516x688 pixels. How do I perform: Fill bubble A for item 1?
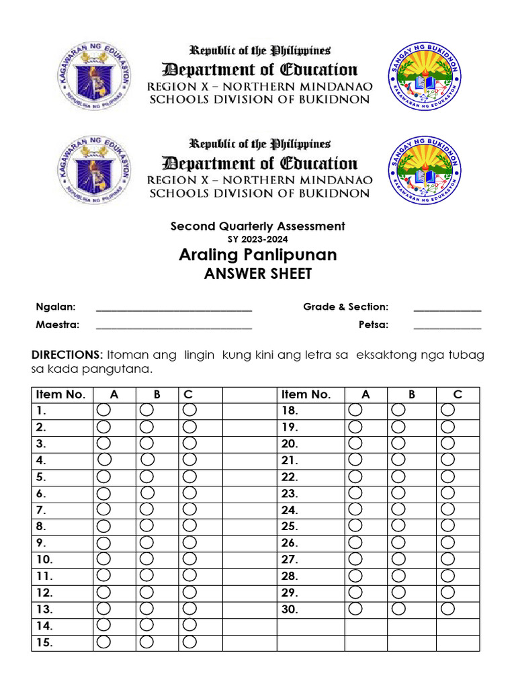104,409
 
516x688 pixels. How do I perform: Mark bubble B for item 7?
147,509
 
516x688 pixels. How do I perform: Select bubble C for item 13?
189,608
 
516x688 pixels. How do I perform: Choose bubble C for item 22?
448,476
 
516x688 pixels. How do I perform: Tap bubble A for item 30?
355,608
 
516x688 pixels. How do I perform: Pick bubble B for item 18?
398,409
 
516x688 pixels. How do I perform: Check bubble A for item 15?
104,642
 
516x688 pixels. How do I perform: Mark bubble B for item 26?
398,542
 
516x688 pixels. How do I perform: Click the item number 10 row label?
44,559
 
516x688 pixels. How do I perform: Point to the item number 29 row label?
290,593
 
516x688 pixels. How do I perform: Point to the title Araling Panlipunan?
258,255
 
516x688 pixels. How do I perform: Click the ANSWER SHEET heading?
258,273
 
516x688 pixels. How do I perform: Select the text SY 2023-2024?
258,239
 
